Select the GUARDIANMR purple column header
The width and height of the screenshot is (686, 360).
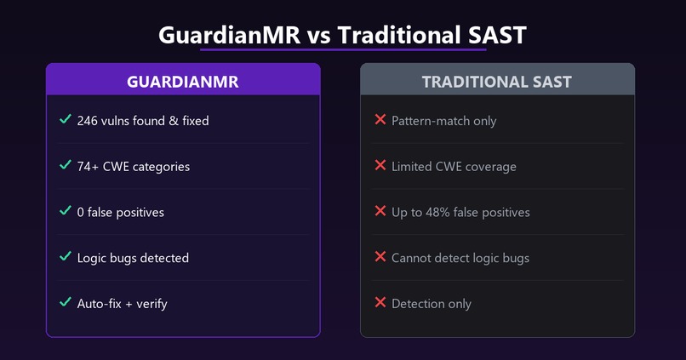(183, 82)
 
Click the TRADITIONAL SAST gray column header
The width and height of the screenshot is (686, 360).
(497, 82)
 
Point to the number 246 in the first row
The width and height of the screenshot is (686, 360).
(89, 121)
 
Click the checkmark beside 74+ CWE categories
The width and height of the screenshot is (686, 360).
(66, 165)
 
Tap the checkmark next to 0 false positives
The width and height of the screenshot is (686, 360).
(66, 211)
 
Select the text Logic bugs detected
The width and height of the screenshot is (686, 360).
(133, 258)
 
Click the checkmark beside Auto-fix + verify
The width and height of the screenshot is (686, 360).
(66, 302)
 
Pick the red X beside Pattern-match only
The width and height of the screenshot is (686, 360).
(380, 120)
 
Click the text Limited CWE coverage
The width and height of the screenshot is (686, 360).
(454, 167)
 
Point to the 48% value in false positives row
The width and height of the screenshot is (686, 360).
(441, 212)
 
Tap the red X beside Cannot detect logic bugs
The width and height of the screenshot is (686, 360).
(380, 257)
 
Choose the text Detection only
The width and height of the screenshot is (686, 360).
(431, 304)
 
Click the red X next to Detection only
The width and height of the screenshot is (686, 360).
(380, 303)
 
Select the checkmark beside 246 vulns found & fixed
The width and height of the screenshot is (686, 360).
(66, 120)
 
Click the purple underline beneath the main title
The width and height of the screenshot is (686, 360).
(343, 50)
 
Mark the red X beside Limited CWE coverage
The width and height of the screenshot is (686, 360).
(380, 166)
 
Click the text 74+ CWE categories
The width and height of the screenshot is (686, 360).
(133, 167)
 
